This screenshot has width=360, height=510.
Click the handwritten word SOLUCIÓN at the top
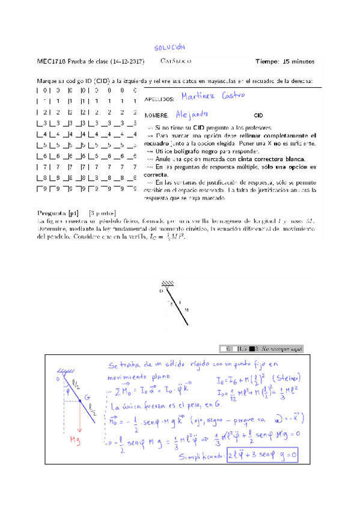point(169,47)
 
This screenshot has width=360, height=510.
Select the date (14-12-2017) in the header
point(129,61)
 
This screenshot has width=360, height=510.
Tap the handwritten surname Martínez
point(201,97)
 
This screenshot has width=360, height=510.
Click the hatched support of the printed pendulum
point(168,285)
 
